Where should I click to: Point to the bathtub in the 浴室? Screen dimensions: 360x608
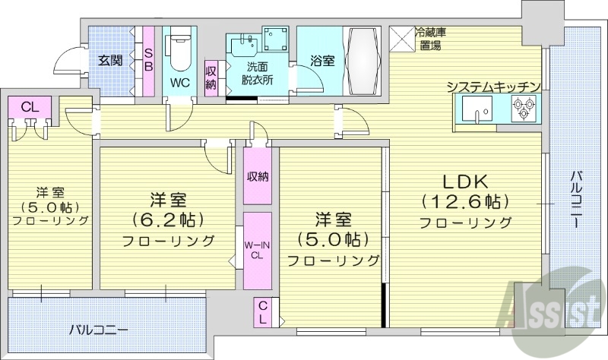click(x=364, y=61)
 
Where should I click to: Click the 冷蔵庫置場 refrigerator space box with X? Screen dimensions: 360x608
click(x=401, y=38)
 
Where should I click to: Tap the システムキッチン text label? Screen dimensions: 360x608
click(x=494, y=87)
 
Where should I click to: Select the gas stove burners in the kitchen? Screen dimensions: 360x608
click(x=524, y=112)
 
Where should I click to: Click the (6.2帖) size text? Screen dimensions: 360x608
click(x=169, y=220)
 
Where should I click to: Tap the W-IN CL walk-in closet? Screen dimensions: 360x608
click(x=258, y=251)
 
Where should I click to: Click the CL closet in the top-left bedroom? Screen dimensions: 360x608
click(x=30, y=107)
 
